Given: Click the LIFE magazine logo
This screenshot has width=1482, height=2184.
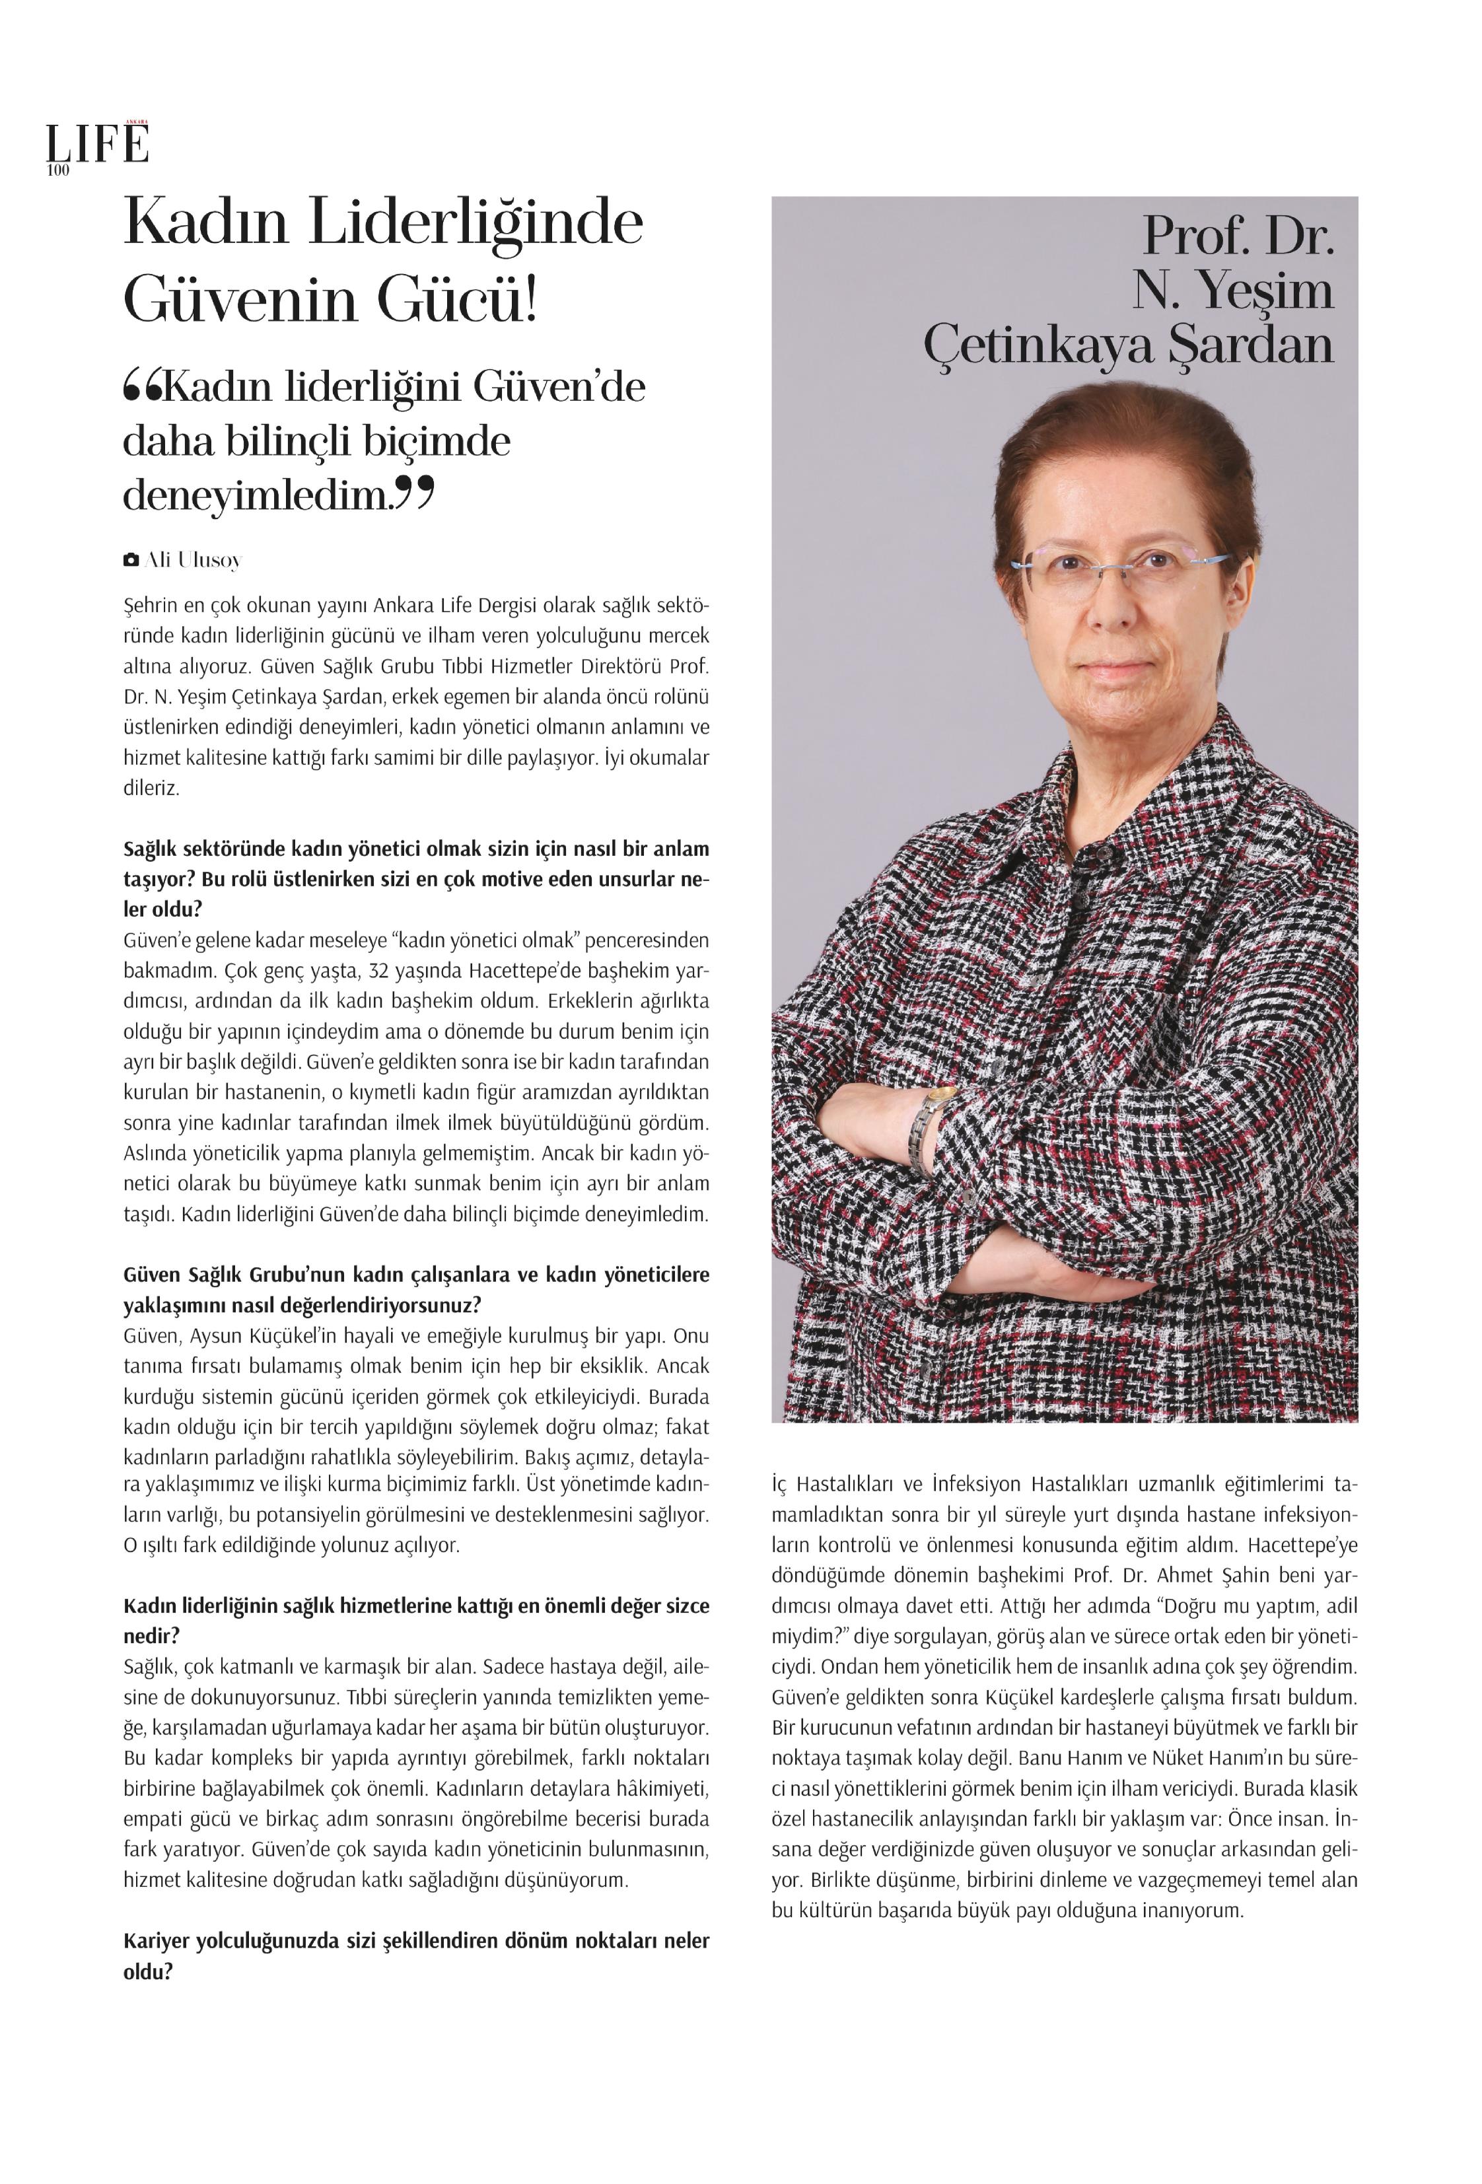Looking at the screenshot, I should [x=98, y=144].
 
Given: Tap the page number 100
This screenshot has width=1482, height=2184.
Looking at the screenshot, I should [x=57, y=170].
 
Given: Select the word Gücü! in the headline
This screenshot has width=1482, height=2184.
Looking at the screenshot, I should [x=458, y=300].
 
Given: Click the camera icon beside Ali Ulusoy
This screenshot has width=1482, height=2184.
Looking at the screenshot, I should [x=131, y=560].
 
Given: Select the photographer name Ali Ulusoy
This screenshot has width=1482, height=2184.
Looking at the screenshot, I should [x=194, y=560].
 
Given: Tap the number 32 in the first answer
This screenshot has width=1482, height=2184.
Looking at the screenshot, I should [x=378, y=970].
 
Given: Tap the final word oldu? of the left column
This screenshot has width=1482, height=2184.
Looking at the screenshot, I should [x=149, y=1971].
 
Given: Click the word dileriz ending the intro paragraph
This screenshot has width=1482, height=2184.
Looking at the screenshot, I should [x=151, y=787].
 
